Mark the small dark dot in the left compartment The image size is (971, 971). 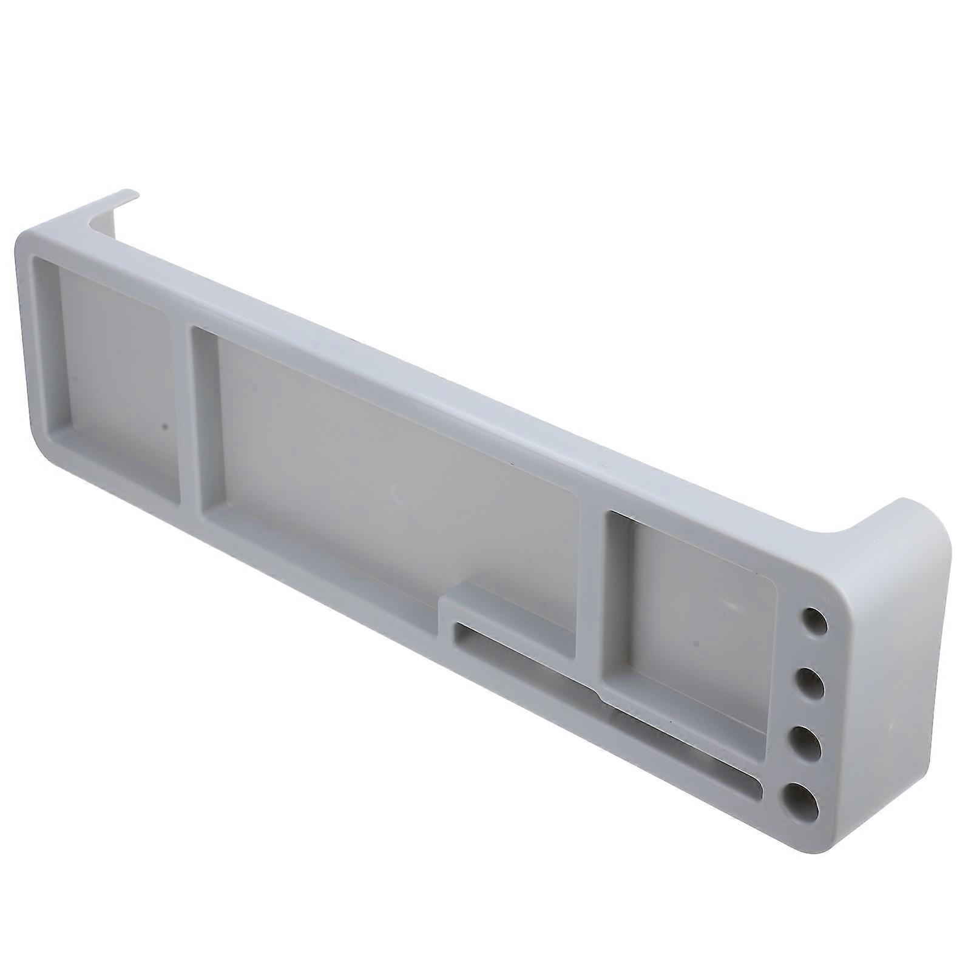(164, 427)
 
